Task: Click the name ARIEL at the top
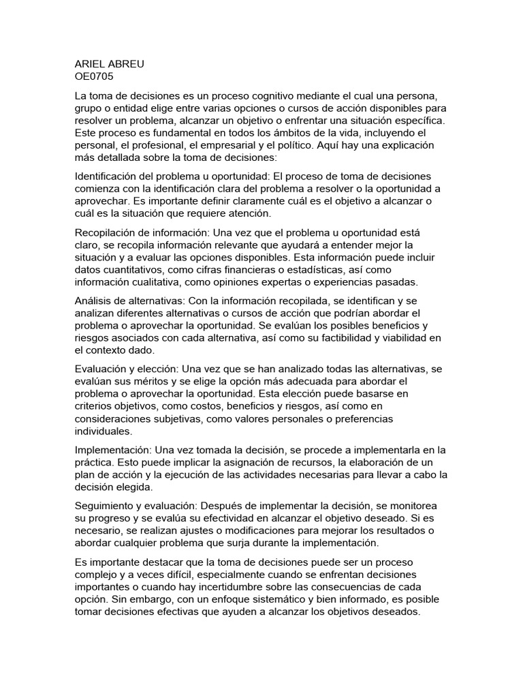[91, 64]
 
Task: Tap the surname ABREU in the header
[128, 64]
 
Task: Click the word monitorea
[415, 505]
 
